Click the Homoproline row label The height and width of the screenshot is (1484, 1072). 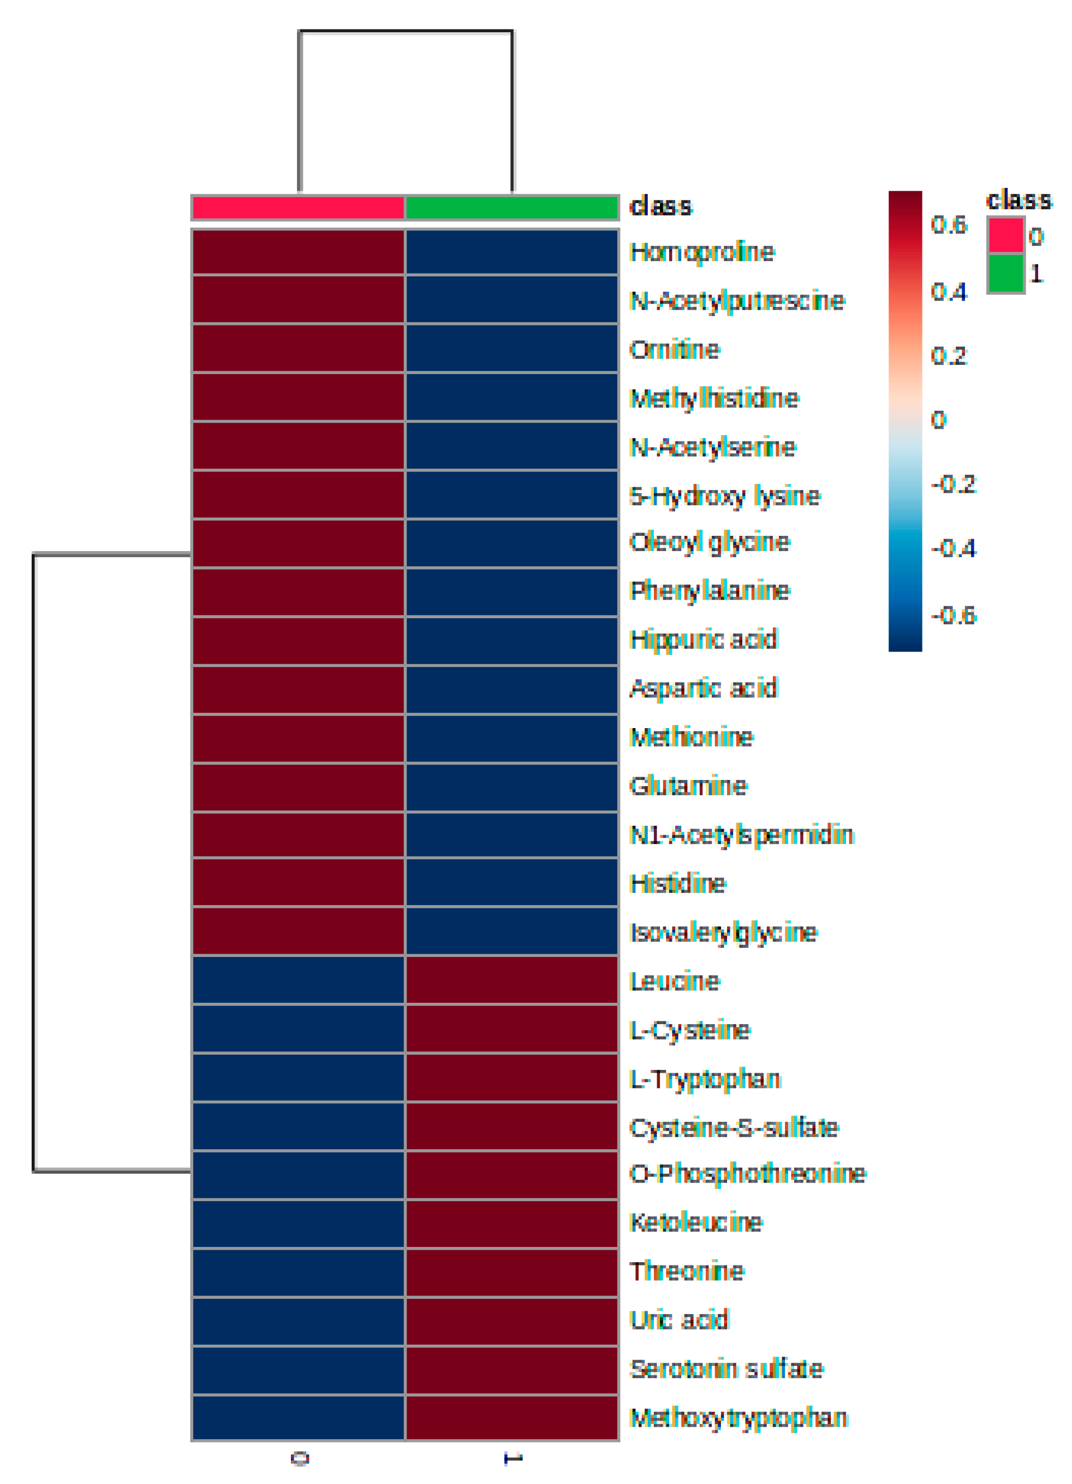(x=701, y=252)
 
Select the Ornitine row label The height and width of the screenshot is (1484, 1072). (x=674, y=350)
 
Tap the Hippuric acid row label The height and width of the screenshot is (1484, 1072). (x=703, y=639)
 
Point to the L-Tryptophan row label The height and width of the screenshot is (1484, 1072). (x=705, y=1079)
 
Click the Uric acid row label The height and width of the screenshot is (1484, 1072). (x=678, y=1320)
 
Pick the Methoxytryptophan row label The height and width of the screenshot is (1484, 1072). (x=739, y=1417)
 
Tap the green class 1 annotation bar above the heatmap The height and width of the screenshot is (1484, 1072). (x=511, y=208)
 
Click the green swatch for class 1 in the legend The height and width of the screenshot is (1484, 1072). (x=1005, y=273)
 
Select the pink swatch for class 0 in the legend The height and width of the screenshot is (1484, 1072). (x=1005, y=235)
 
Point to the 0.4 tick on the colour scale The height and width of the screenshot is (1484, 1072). (x=949, y=292)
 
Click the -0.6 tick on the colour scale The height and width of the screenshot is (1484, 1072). (x=953, y=616)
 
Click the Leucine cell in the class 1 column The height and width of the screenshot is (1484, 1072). (x=511, y=981)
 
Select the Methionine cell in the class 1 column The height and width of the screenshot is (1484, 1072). (x=511, y=737)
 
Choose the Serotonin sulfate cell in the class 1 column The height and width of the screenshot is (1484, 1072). (x=511, y=1369)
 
